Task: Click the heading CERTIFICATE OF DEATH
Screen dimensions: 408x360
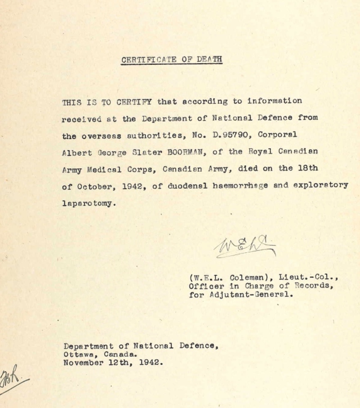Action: pyautogui.click(x=172, y=59)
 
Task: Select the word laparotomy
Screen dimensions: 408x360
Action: pyautogui.click(x=88, y=203)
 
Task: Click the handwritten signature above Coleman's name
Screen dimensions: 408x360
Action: pyautogui.click(x=246, y=246)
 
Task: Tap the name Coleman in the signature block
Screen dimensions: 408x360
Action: pyautogui.click(x=246, y=277)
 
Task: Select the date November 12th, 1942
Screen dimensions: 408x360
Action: pyautogui.click(x=112, y=362)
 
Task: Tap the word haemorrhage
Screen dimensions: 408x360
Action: pyautogui.click(x=242, y=186)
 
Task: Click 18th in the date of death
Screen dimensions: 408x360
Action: pyautogui.click(x=307, y=168)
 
